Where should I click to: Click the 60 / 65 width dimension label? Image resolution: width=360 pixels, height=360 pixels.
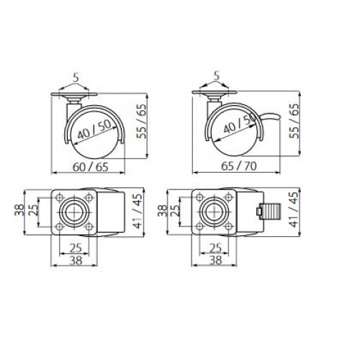[91, 167]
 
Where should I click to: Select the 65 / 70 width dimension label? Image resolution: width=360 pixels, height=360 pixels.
[238, 166]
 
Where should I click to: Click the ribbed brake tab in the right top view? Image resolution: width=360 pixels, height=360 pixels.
[267, 212]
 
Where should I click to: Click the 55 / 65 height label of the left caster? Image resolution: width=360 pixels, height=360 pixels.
[141, 121]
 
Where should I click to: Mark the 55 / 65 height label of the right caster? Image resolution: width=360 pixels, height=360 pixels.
[294, 121]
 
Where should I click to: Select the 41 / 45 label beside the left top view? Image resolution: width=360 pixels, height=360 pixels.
[138, 211]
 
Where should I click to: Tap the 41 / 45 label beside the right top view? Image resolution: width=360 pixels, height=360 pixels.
[294, 210]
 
